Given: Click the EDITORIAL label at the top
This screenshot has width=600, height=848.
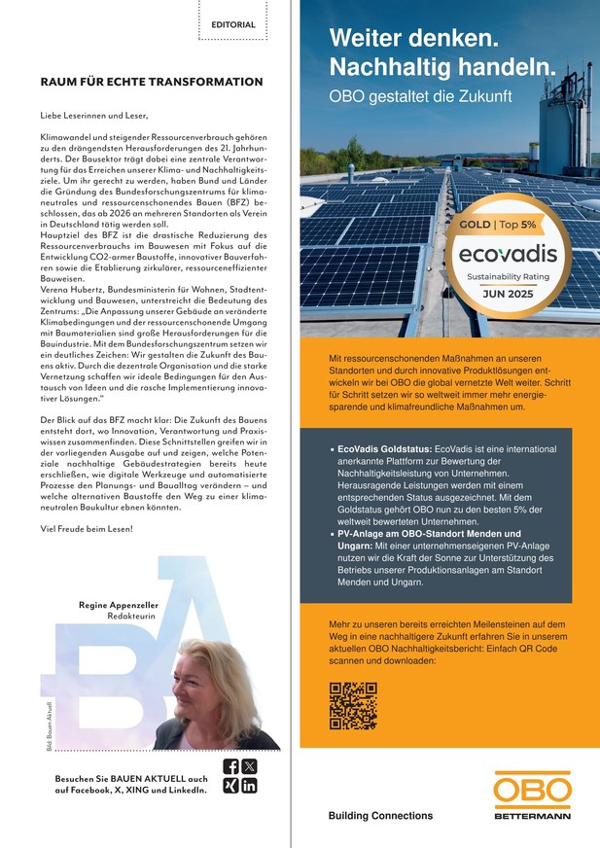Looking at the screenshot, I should tap(233, 24).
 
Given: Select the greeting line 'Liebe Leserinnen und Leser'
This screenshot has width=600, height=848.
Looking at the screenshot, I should tap(94, 116).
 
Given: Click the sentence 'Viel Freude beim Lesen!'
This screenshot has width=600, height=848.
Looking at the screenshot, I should tap(87, 528).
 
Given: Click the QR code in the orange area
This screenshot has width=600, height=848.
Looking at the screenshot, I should tap(353, 706).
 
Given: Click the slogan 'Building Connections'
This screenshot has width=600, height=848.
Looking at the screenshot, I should tap(381, 815).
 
